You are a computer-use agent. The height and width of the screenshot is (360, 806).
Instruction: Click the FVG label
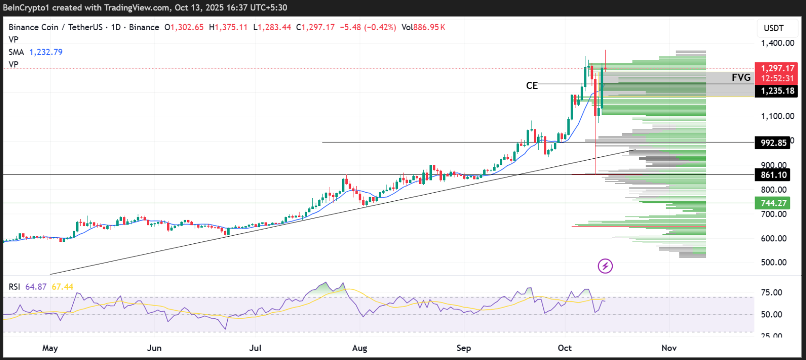pos(741,77)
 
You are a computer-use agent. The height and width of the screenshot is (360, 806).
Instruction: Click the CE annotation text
pos(532,86)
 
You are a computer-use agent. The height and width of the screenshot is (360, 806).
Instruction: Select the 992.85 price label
pos(773,143)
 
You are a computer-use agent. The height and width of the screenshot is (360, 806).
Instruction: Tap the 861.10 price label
pos(773,175)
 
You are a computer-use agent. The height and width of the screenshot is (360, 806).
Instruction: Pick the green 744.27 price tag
pos(773,203)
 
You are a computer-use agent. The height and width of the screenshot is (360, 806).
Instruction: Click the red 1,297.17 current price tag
pos(777,69)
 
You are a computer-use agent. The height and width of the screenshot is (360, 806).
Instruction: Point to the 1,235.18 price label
pos(777,91)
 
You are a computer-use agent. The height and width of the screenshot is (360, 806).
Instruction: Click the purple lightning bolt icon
pos(605,266)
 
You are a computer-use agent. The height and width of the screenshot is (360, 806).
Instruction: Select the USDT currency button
pos(773,28)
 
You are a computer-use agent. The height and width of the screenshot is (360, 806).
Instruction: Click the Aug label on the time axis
pos(360,348)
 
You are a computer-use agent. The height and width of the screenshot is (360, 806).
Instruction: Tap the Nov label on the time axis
pos(669,348)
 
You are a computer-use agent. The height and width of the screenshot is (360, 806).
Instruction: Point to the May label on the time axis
pos(50,348)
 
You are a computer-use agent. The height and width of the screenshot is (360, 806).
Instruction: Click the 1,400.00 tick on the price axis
pos(777,43)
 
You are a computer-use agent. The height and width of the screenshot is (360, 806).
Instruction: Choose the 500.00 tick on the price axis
pos(773,263)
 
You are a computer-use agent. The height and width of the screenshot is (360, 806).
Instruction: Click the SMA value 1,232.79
pos(46,52)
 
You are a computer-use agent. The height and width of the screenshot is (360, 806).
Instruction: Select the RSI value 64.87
pos(36,287)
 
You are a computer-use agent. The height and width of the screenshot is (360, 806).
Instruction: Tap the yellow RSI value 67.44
pos(62,287)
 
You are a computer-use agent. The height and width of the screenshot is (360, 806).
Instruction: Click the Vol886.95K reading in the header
pos(423,27)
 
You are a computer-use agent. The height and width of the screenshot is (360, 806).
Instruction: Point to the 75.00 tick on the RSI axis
pos(771,292)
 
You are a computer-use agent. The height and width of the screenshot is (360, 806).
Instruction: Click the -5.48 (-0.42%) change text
pos(368,27)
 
